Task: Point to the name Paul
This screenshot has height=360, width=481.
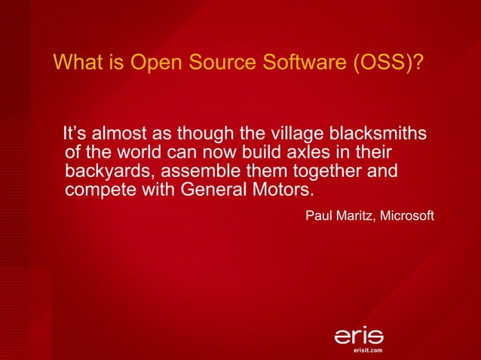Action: tap(317, 217)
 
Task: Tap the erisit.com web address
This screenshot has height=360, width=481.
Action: tap(369, 350)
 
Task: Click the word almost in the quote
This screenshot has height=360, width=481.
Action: tap(121, 135)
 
